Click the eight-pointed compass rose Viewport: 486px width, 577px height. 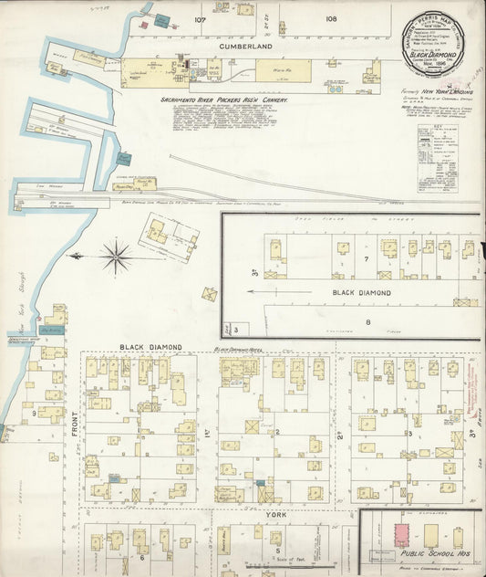pos(116,257)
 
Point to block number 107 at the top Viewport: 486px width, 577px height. pos(200,18)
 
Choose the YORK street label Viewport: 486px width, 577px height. pos(275,513)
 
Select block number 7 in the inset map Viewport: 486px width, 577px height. pos(366,260)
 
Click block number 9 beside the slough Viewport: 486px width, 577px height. pos(35,414)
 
